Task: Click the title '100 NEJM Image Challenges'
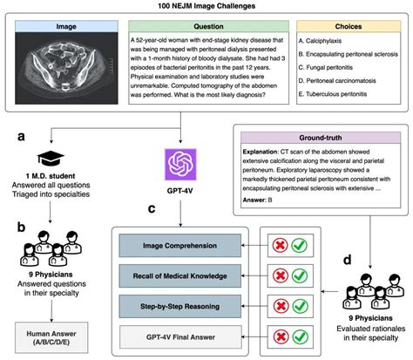(x=206, y=7)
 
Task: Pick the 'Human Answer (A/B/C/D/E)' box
(x=51, y=336)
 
